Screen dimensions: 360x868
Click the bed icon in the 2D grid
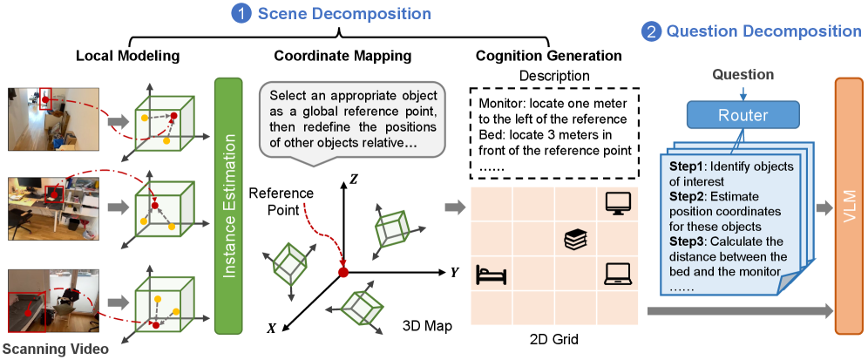(x=491, y=275)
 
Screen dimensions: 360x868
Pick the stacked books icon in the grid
(x=574, y=238)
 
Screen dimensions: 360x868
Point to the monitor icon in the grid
(x=616, y=202)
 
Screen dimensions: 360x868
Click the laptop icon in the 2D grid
(x=616, y=275)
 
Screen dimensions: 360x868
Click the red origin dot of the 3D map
(x=344, y=273)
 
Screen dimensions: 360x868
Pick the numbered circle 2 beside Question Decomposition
(x=652, y=31)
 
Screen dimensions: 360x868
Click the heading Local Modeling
(x=127, y=57)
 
